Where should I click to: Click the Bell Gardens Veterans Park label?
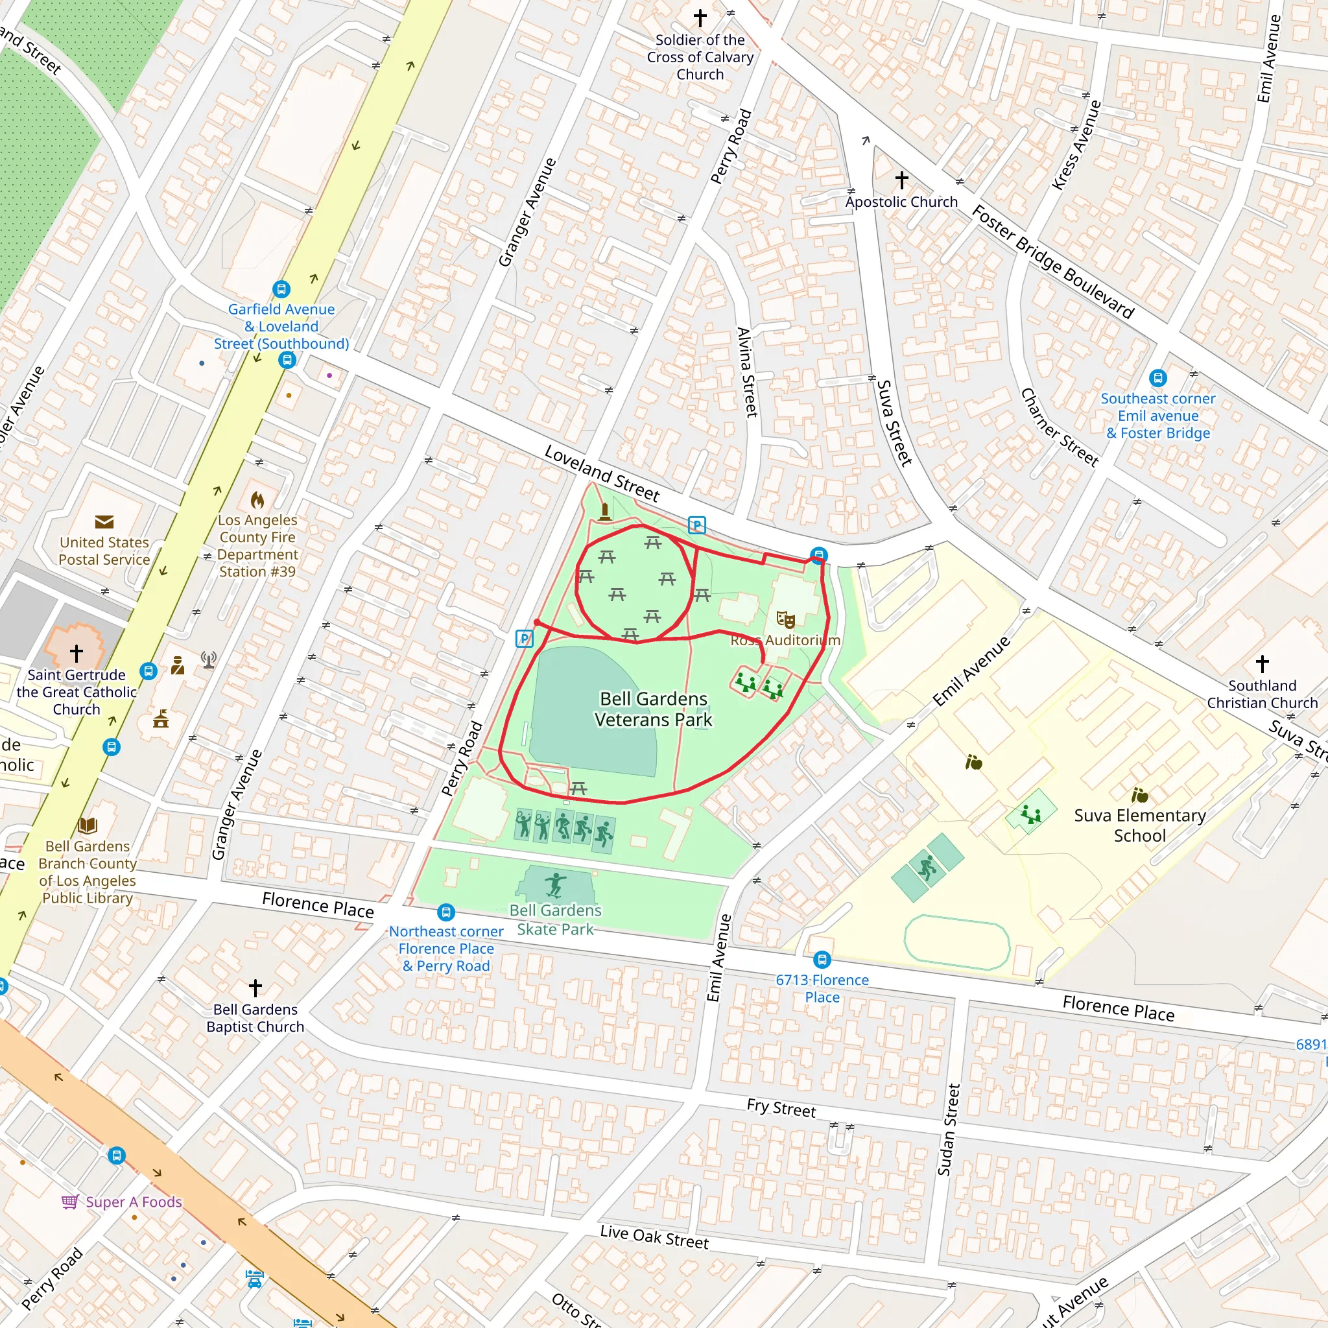pyautogui.click(x=653, y=709)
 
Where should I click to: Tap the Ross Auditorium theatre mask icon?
pyautogui.click(x=785, y=619)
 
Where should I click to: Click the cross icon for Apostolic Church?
pyautogui.click(x=901, y=180)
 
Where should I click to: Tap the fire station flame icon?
pyautogui.click(x=257, y=500)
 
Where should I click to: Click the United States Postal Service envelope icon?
pyautogui.click(x=104, y=522)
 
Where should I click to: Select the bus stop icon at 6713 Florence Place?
pyautogui.click(x=822, y=959)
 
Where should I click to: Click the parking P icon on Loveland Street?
pyautogui.click(x=696, y=526)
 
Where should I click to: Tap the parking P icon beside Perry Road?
pyautogui.click(x=524, y=639)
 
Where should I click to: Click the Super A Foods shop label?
pyautogui.click(x=133, y=1202)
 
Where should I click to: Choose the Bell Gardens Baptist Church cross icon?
pyautogui.click(x=255, y=988)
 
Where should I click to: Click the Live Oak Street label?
pyautogui.click(x=654, y=1237)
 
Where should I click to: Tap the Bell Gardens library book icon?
pyautogui.click(x=88, y=825)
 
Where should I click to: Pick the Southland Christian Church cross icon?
pyautogui.click(x=1262, y=663)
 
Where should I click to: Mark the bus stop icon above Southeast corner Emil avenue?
pyautogui.click(x=1157, y=377)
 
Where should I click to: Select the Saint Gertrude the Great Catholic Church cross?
pyautogui.click(x=77, y=652)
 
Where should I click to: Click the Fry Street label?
pyautogui.click(x=781, y=1108)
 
